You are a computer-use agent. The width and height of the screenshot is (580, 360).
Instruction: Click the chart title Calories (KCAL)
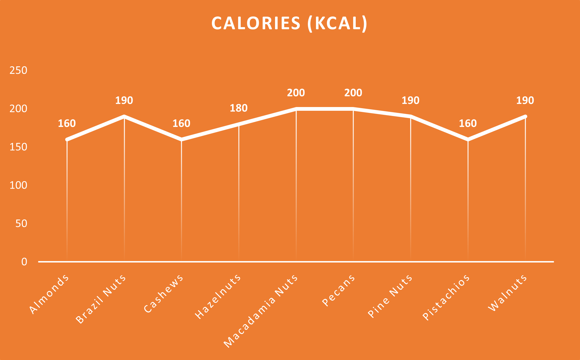tap(289, 23)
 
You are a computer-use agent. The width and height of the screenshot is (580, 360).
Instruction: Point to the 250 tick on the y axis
tap(18, 70)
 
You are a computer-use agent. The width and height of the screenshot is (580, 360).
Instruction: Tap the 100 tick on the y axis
tap(18, 185)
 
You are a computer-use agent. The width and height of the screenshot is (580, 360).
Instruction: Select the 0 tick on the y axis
tap(24, 262)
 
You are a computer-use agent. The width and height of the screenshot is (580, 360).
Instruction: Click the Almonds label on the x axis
tap(49, 294)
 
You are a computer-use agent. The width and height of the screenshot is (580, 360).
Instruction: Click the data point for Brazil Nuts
tap(124, 117)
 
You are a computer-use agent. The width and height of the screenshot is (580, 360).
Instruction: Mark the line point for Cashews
tap(181, 140)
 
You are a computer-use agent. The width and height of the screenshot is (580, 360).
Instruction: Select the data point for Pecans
tap(353, 109)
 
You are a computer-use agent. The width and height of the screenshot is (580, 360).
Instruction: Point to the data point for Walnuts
tap(525, 117)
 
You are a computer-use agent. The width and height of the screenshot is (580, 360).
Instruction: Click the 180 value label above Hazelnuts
tap(239, 108)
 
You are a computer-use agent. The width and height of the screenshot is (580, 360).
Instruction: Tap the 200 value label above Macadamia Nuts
tap(296, 93)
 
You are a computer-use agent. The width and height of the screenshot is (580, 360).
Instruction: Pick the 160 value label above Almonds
tap(67, 123)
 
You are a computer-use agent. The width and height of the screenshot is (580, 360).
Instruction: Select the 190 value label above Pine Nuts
tap(410, 101)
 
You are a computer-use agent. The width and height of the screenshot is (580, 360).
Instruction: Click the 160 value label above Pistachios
tap(468, 123)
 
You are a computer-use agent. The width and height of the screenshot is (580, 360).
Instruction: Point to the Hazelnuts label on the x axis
tap(218, 297)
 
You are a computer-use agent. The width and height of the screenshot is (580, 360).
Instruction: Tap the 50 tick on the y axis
tap(21, 224)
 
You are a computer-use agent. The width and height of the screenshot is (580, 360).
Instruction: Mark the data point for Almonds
tap(67, 140)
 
